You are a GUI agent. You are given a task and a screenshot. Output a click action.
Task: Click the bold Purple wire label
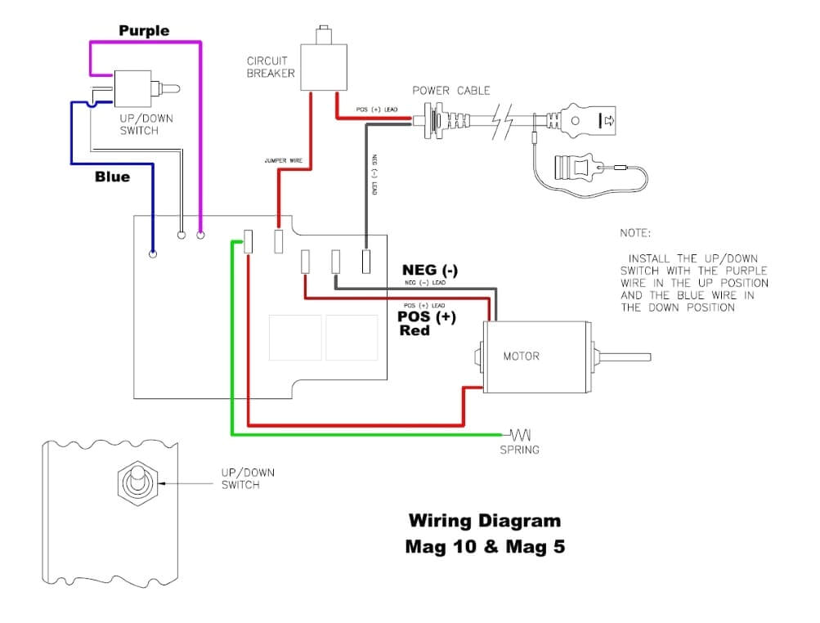click(144, 31)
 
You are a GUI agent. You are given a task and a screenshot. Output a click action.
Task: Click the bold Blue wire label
click(112, 177)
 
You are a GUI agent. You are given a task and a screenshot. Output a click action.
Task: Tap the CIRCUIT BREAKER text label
click(271, 68)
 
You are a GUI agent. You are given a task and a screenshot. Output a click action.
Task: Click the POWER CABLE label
click(443, 90)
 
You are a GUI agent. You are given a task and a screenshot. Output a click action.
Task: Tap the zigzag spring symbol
click(520, 433)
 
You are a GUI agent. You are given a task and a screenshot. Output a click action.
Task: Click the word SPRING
click(519, 450)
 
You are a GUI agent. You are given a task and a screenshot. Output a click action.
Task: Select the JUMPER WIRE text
click(284, 161)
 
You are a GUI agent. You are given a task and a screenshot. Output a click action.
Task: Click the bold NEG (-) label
click(429, 270)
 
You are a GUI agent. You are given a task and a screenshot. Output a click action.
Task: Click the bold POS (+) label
click(426, 317)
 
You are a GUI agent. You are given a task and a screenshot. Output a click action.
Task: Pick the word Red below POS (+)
click(414, 331)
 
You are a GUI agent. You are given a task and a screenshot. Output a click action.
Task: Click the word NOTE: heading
click(636, 233)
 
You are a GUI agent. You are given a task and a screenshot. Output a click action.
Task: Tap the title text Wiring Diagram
click(484, 521)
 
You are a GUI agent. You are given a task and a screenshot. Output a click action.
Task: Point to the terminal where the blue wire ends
click(153, 254)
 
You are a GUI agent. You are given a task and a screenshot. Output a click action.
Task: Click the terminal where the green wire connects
click(249, 241)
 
